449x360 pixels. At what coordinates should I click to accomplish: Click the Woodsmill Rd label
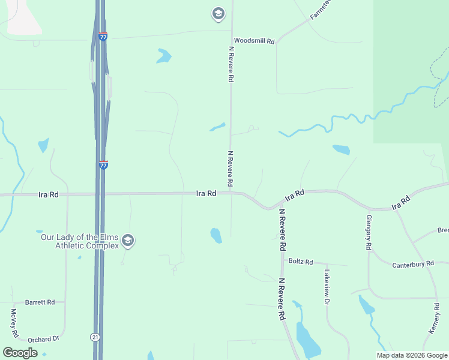pyautogui.click(x=254, y=41)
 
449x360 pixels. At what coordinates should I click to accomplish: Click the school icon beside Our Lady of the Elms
pyautogui.click(x=127, y=241)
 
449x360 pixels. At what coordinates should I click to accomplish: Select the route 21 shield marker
pyautogui.click(x=95, y=337)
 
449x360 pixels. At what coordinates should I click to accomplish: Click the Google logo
pyautogui.click(x=20, y=353)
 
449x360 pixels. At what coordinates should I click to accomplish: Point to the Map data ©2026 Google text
pyautogui.click(x=412, y=355)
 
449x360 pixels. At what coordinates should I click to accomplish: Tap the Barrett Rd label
pyautogui.click(x=40, y=302)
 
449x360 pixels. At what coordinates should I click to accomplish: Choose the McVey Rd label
pyautogui.click(x=14, y=322)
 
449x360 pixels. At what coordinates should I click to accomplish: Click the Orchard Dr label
pyautogui.click(x=43, y=339)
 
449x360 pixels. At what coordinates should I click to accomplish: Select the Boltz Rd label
pyautogui.click(x=301, y=262)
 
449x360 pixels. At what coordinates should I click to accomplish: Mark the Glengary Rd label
pyautogui.click(x=368, y=233)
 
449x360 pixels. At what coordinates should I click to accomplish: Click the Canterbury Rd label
pyautogui.click(x=413, y=265)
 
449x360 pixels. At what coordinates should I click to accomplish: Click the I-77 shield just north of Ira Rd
pyautogui.click(x=103, y=164)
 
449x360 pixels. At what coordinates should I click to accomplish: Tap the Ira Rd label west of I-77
pyautogui.click(x=48, y=194)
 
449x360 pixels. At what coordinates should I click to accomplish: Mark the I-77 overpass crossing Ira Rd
pyautogui.click(x=100, y=193)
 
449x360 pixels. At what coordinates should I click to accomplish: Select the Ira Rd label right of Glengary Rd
pyautogui.click(x=400, y=202)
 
